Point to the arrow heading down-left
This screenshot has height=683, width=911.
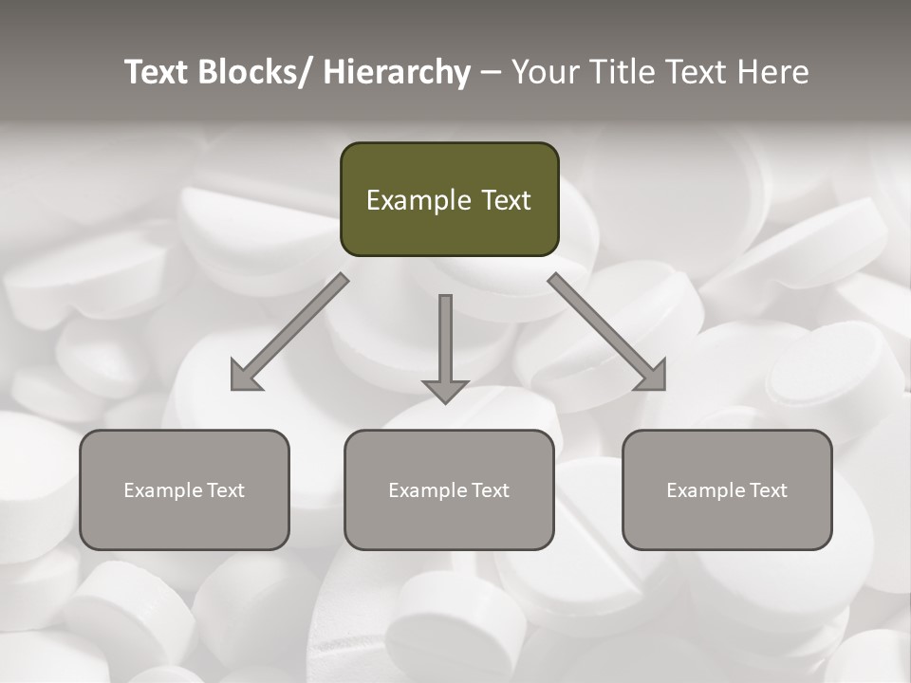coord(289,332)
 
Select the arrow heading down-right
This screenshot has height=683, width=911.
coord(607,332)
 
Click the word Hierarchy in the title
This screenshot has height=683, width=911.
coord(397,73)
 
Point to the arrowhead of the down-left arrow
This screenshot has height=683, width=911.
coord(244,377)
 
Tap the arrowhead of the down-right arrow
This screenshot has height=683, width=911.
coord(653,377)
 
